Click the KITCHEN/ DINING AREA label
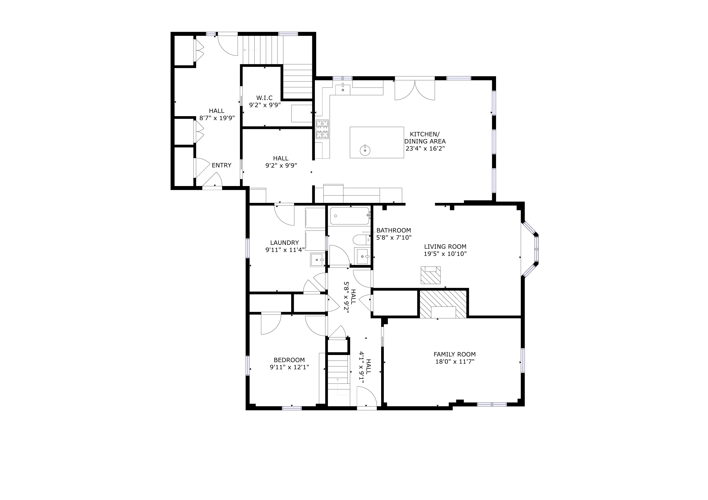coord(425,141)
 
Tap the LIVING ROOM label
coord(445,247)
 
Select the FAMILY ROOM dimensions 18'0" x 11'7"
coord(454,362)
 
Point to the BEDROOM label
coord(289,360)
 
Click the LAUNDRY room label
coord(284,243)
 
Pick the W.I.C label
coord(264,98)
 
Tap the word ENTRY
coord(221,165)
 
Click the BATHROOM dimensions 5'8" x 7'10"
coord(394,238)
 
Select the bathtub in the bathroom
coord(349,216)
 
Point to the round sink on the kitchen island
coord(365,150)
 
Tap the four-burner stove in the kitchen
coord(322,129)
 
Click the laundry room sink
coord(318,260)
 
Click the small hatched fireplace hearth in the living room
coord(431,275)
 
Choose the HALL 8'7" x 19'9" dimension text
coord(217,118)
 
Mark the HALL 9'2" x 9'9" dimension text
coord(281,166)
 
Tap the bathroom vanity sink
coord(363,256)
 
